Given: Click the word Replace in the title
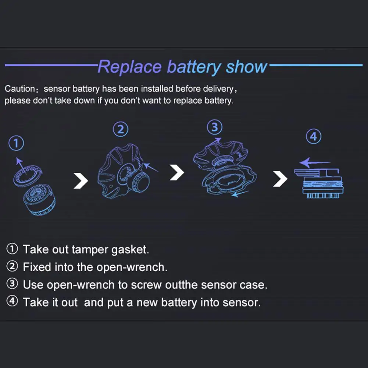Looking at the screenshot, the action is pos(130,67).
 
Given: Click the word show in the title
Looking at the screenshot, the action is pos(247,67).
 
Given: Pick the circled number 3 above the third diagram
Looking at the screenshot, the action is pos(215,127).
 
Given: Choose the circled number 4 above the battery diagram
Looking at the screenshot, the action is pos(313,137).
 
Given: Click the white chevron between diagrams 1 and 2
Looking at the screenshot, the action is pos(81,181).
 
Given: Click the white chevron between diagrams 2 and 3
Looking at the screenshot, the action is pos(176,172).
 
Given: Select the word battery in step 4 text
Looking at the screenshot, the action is pos(179,302).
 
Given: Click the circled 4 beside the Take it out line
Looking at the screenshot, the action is pos(12,302).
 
